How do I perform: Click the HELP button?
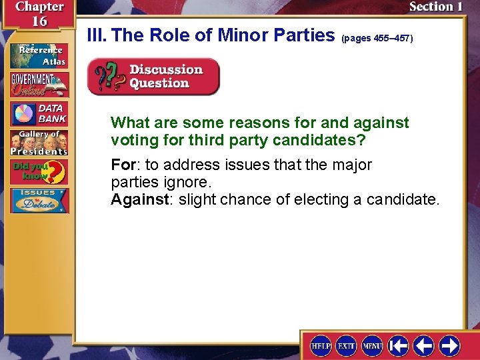321,345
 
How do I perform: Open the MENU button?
372,345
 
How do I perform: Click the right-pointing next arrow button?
449,345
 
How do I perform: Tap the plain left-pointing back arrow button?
423,345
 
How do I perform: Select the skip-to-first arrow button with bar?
398,345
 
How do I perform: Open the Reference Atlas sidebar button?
39,55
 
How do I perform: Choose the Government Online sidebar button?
39,84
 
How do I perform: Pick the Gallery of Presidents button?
39,143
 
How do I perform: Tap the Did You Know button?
39,172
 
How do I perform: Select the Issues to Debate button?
39,201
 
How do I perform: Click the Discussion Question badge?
153,77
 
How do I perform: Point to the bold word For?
123,165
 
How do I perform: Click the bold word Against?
139,199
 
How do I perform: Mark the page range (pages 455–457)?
377,39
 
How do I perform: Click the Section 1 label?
435,7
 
